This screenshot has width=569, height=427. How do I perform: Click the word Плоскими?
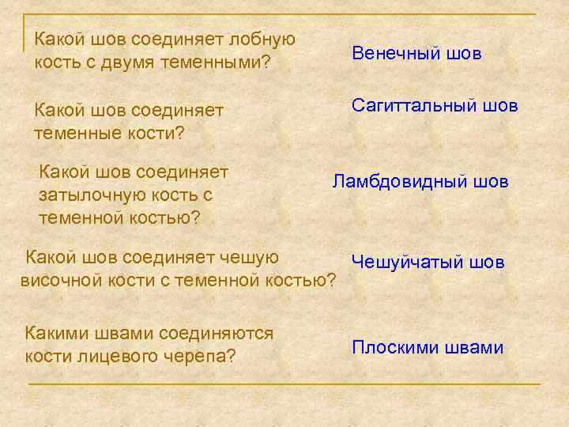click(x=392, y=348)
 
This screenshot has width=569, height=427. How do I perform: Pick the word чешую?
click(x=250, y=257)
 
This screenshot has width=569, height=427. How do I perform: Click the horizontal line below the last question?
click(x=284, y=384)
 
